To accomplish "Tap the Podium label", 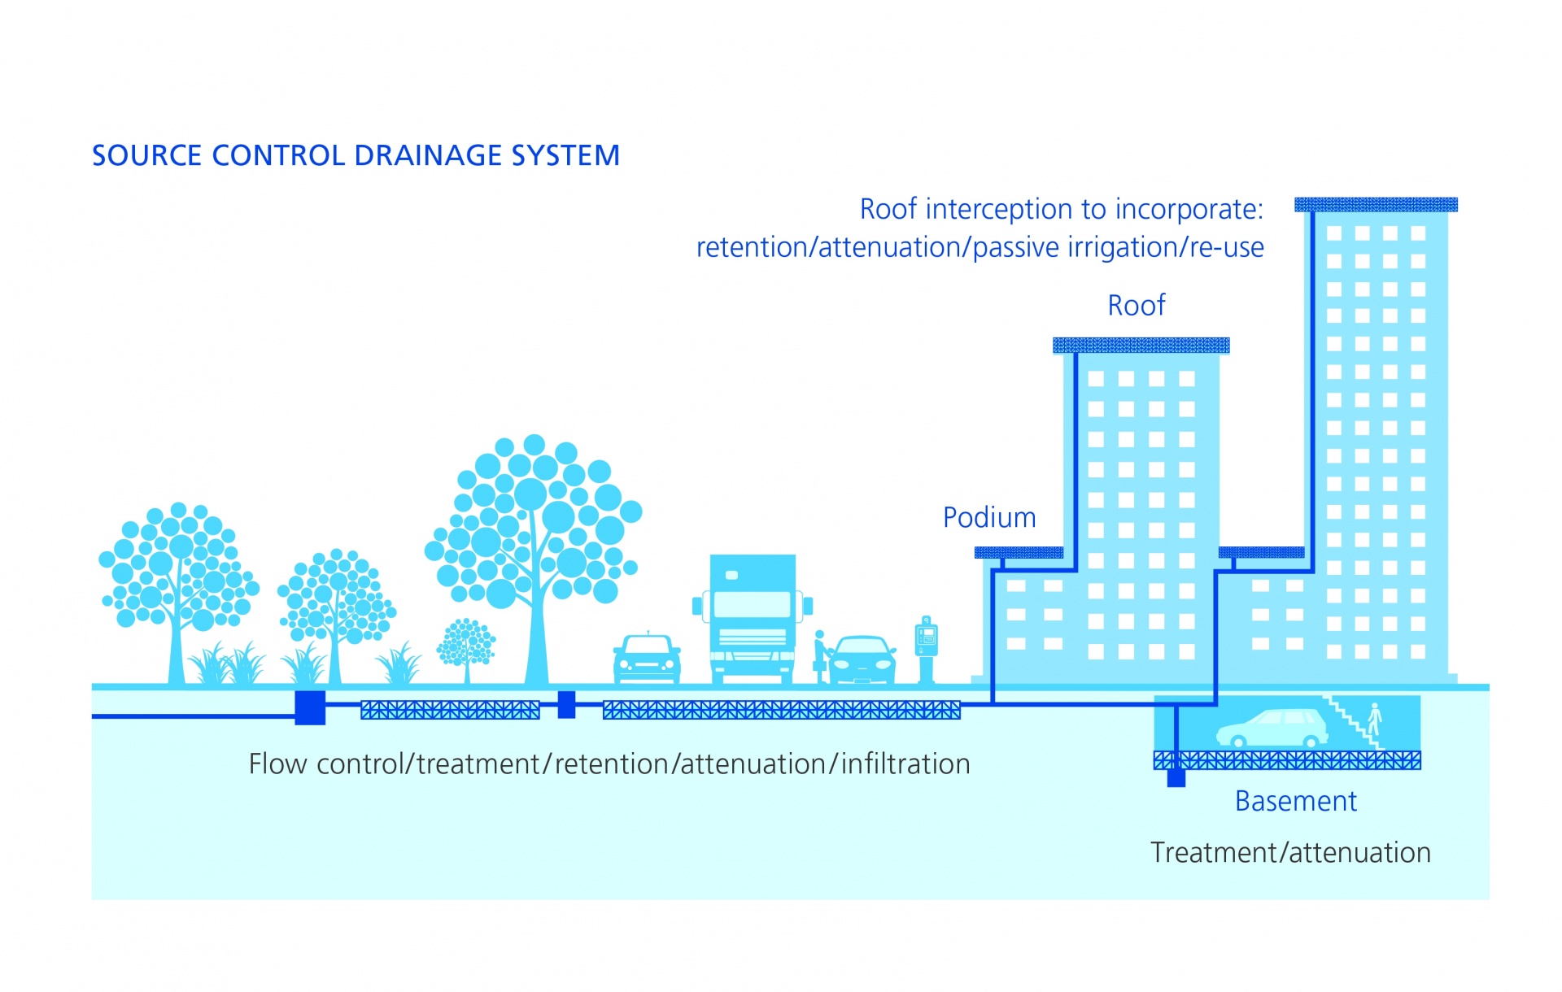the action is (989, 517).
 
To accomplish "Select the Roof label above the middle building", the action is (1137, 305).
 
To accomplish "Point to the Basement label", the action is (1296, 801).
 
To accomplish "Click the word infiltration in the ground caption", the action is (905, 764).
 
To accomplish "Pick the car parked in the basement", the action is (1272, 729).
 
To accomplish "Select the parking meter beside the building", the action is (927, 649).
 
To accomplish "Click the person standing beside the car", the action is (821, 656).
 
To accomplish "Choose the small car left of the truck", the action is (647, 658).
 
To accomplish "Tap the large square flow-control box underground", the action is (310, 707).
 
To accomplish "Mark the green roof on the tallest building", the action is (1376, 205).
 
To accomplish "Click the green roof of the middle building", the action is (1141, 346).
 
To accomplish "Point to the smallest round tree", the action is (466, 643).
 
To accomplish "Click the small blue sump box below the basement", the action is (1176, 778).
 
